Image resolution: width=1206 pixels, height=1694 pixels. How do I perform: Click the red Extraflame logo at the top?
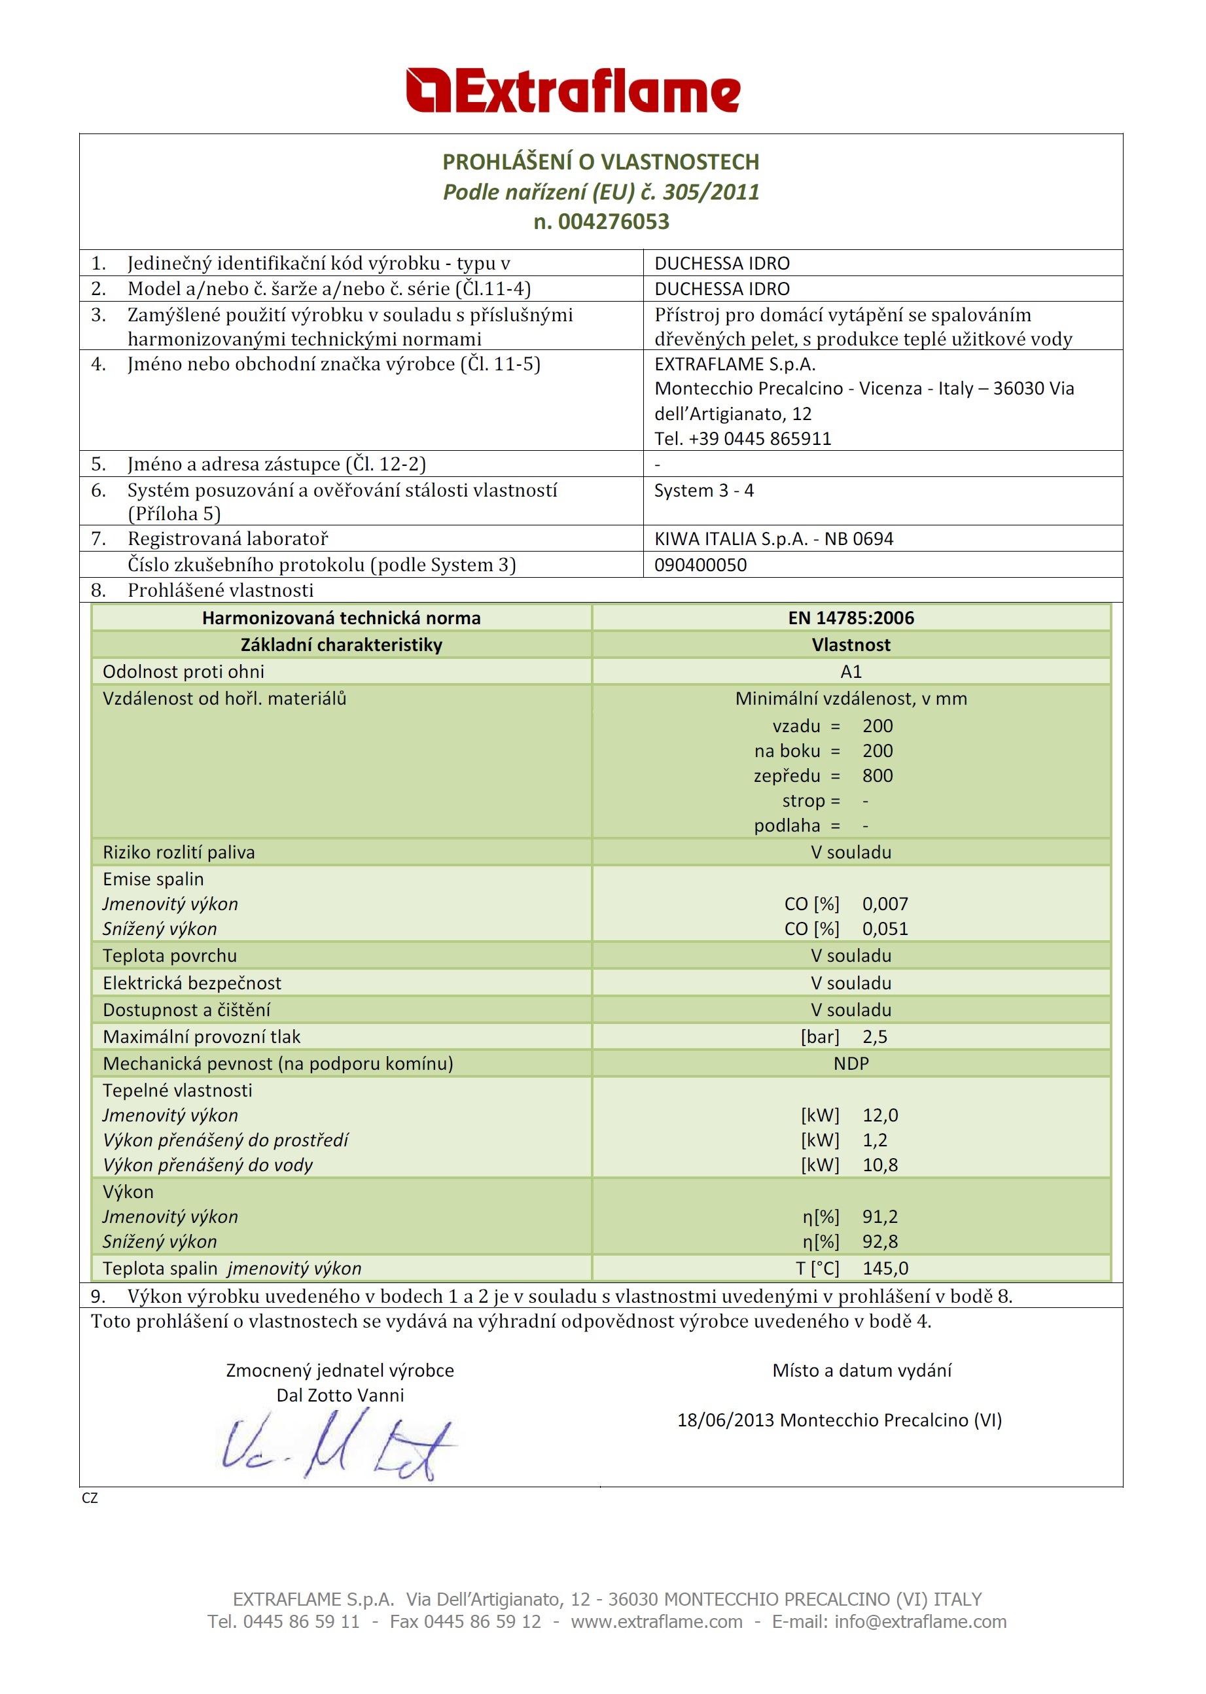point(573,90)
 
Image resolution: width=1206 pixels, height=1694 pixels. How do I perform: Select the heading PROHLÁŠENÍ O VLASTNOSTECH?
point(601,162)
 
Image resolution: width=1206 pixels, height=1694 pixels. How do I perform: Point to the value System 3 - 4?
point(703,491)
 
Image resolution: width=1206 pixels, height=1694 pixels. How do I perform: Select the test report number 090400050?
point(700,565)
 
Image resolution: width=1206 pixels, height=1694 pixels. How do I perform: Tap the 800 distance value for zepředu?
point(877,776)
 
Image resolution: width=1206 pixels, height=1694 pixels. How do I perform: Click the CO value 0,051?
point(885,928)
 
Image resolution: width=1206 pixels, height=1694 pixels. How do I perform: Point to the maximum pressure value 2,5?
point(874,1037)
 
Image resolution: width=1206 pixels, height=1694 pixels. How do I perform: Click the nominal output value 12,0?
point(880,1115)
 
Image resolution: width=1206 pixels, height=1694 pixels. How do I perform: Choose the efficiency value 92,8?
point(880,1241)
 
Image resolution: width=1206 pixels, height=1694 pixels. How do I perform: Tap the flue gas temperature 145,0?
point(885,1269)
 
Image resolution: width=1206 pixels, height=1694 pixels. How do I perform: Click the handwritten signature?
point(338,1447)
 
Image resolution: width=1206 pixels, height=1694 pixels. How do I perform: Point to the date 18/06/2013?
point(725,1420)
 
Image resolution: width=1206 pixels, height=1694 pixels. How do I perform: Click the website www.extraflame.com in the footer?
point(656,1622)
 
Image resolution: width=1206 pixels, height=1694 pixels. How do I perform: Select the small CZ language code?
point(90,1498)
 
